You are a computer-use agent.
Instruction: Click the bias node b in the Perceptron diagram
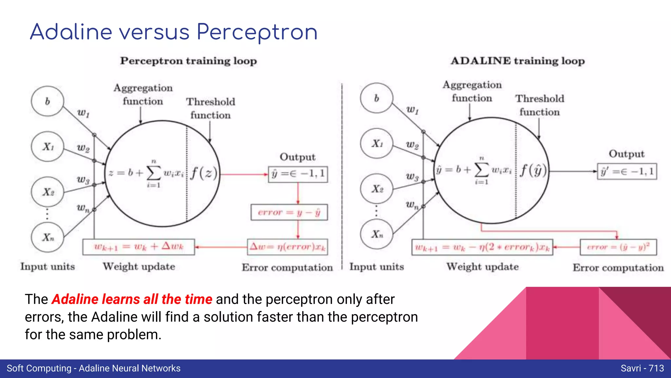click(x=48, y=101)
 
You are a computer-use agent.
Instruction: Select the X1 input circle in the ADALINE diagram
click(x=377, y=144)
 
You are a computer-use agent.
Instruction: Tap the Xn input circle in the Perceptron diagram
click(x=48, y=237)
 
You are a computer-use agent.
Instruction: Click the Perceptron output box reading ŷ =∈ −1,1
click(x=298, y=174)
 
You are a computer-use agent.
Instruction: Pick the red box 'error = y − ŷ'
click(x=289, y=212)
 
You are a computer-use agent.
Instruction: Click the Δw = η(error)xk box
click(x=287, y=247)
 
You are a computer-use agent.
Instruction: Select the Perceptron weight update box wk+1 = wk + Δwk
click(x=139, y=247)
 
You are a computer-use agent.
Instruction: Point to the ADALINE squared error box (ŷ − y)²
click(x=618, y=247)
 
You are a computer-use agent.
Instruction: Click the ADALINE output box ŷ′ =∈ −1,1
click(x=627, y=171)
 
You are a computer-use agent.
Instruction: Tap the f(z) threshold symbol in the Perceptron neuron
click(x=204, y=173)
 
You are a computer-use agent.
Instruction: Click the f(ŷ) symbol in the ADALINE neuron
click(x=533, y=170)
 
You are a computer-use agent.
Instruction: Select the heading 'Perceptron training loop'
click(x=188, y=61)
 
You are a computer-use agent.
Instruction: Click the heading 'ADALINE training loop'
click(x=518, y=61)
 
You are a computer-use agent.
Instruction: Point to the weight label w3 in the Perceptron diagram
click(x=83, y=179)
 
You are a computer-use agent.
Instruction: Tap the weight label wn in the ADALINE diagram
click(x=412, y=205)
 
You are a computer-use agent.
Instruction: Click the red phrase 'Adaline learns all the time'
click(x=132, y=299)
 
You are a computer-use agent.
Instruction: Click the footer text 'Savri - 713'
click(x=642, y=368)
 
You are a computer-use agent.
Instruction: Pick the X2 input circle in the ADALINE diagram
click(x=377, y=189)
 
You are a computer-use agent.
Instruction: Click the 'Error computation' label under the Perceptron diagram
click(x=287, y=267)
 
